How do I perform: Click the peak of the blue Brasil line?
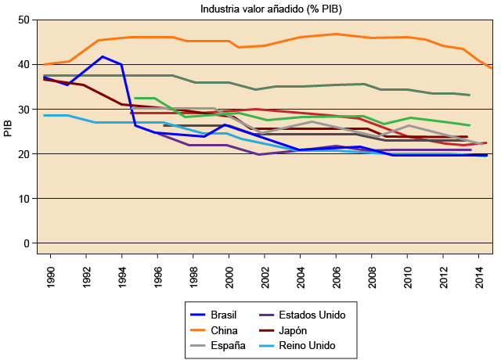click(103, 56)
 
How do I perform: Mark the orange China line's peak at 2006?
click(335, 34)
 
